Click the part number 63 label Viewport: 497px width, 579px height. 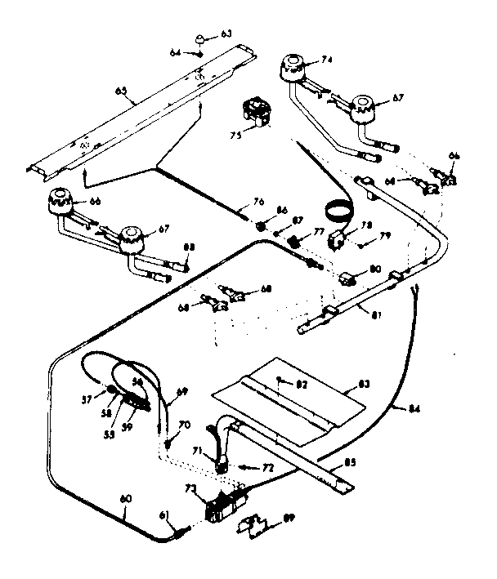pyautogui.click(x=226, y=34)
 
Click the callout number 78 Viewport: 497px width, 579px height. pyautogui.click(x=366, y=225)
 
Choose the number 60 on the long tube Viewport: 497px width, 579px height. pyautogui.click(x=124, y=512)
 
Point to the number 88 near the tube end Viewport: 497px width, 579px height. pyautogui.click(x=190, y=248)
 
